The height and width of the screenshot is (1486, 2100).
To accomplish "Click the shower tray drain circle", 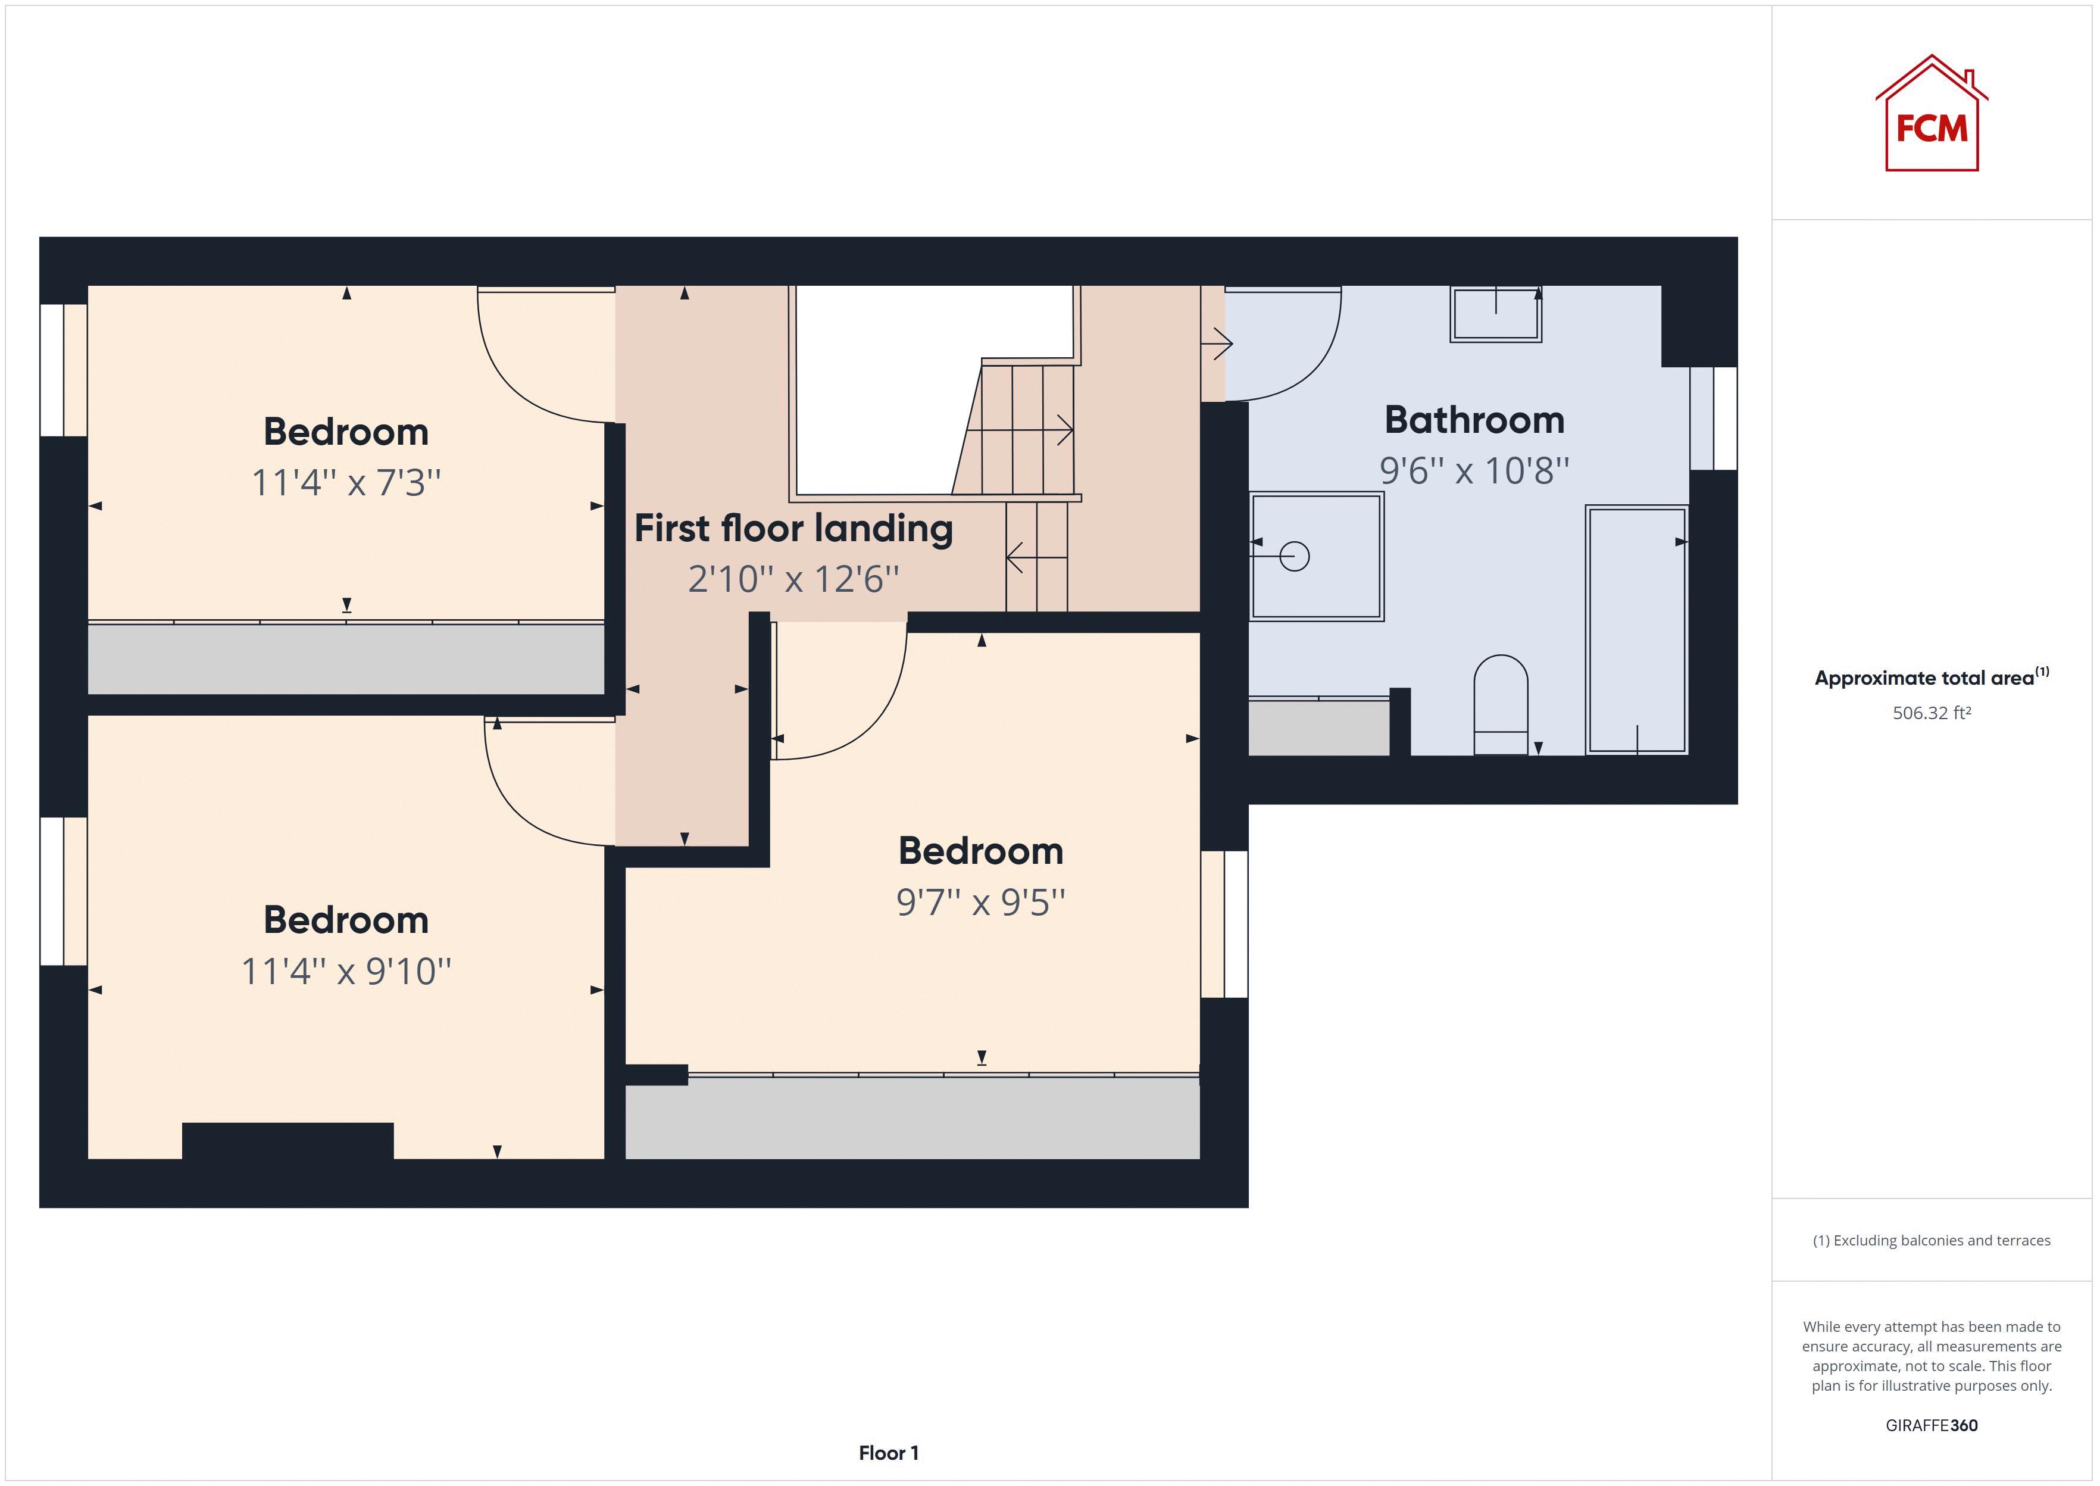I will [1294, 555].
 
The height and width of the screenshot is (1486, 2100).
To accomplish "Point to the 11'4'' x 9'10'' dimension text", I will [346, 971].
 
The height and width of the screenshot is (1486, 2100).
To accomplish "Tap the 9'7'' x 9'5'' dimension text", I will [980, 902].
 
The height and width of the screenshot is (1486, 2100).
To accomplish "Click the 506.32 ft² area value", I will [1931, 713].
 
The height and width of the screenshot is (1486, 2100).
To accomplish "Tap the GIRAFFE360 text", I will [1931, 1425].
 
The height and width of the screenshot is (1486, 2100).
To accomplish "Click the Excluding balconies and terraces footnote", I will [1931, 1241].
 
